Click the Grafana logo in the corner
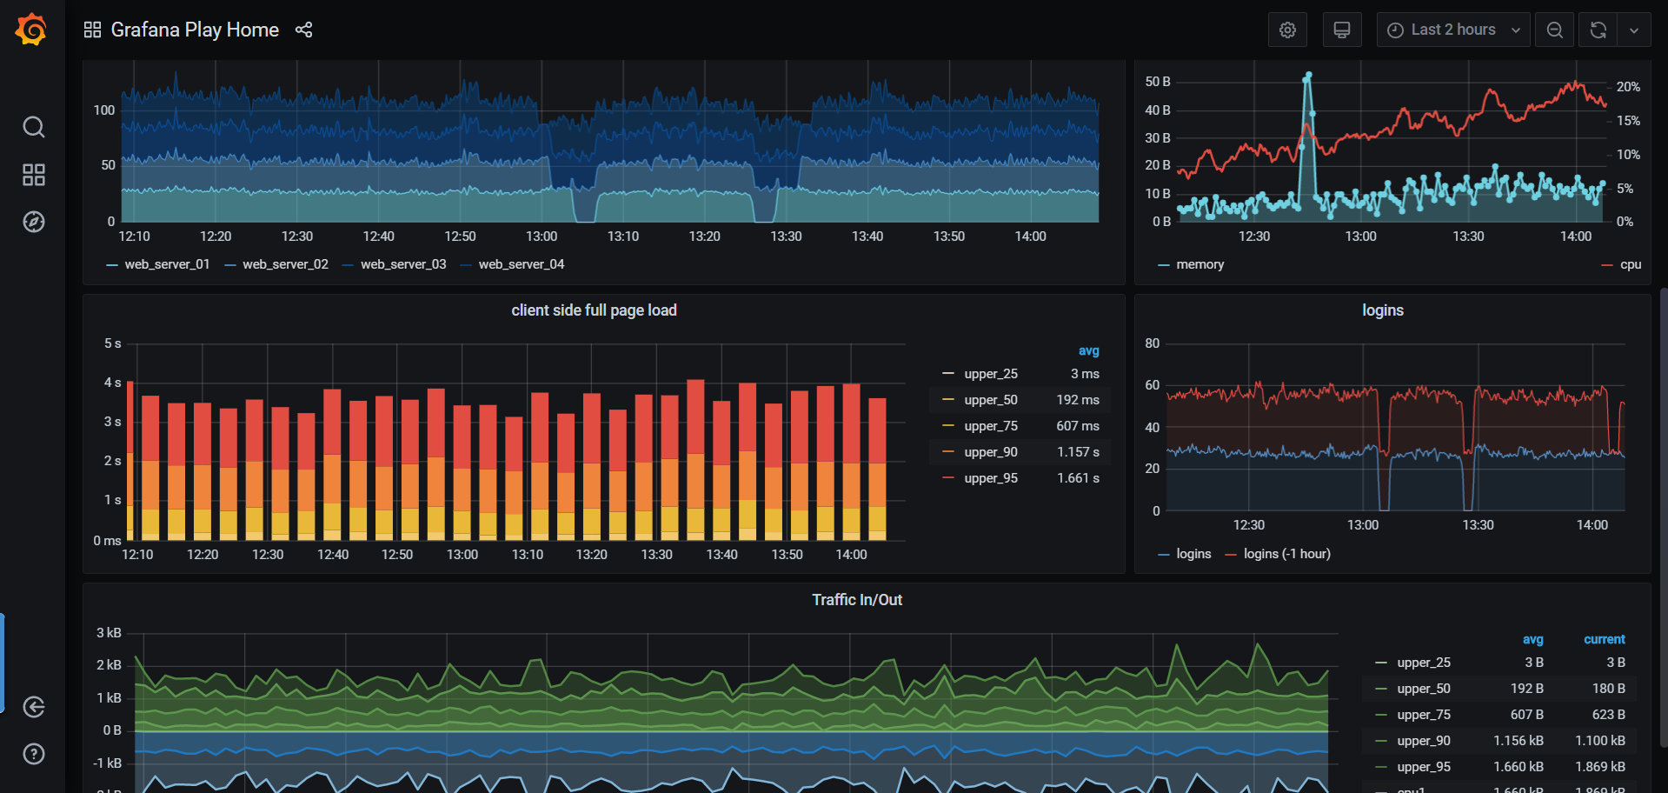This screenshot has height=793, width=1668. (x=31, y=30)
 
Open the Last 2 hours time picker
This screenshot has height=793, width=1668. (x=1452, y=30)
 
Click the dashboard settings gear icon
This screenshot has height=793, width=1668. (x=1287, y=30)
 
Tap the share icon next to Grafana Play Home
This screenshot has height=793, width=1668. (x=303, y=30)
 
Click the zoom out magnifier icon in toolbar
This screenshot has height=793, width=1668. (x=1554, y=30)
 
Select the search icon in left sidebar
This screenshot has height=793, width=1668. (x=33, y=127)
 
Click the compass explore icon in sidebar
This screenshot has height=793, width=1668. (x=33, y=222)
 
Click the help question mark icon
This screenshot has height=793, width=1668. (x=33, y=754)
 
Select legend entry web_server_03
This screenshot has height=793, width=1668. (x=402, y=264)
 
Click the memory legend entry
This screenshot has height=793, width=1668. (x=1199, y=264)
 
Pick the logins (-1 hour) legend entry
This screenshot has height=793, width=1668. (x=1286, y=554)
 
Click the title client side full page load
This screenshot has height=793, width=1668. (x=594, y=310)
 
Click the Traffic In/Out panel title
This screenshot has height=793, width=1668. (x=857, y=600)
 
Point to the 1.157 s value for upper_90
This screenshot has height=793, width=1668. (x=1078, y=452)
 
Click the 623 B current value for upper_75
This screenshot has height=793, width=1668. (x=1608, y=715)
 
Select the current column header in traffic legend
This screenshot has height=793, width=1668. (x=1604, y=639)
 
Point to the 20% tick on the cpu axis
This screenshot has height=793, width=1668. (x=1628, y=87)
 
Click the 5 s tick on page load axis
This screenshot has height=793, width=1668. (x=112, y=343)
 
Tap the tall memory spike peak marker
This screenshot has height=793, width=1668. (x=1308, y=77)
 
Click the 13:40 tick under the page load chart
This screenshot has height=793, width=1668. (x=721, y=555)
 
